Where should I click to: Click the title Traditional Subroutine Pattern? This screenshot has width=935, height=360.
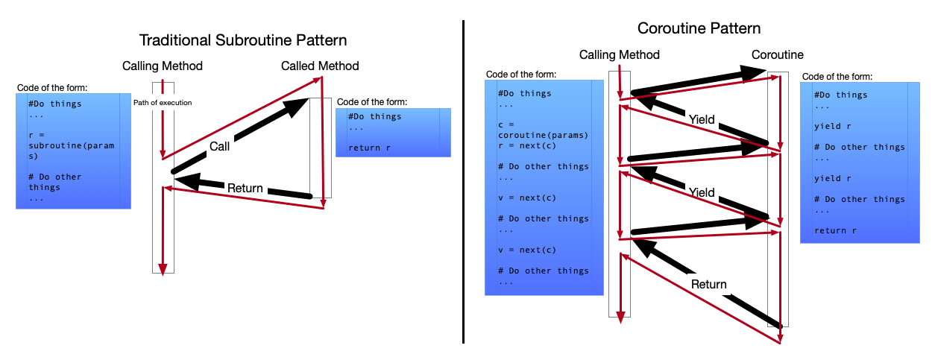point(244,40)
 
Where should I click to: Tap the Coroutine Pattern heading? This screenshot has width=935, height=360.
point(699,29)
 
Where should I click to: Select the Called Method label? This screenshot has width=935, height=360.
point(320,66)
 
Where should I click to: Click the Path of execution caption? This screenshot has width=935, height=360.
point(163,102)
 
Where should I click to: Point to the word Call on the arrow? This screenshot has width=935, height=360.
point(219,147)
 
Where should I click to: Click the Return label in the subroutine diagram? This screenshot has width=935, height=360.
point(245,189)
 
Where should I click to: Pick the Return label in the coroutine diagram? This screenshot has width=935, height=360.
point(708,284)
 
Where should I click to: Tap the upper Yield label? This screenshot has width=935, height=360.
point(702,119)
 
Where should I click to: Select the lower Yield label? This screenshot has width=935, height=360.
point(702,192)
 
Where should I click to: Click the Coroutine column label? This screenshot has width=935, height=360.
point(777,55)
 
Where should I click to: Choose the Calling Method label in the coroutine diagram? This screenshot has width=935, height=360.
point(619,55)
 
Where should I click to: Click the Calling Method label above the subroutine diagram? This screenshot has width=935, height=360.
point(163,66)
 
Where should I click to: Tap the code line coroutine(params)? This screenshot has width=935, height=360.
point(543,136)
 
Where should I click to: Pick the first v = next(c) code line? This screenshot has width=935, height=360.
point(527,198)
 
